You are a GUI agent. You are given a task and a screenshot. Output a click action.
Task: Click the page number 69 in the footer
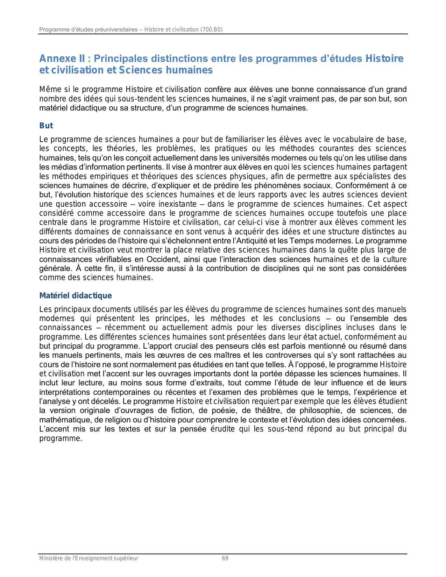click(225, 558)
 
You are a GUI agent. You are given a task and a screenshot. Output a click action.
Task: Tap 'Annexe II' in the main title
click(62, 59)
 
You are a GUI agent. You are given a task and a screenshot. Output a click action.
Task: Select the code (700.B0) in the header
click(211, 30)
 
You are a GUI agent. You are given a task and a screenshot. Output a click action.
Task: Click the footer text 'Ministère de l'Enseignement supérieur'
click(89, 558)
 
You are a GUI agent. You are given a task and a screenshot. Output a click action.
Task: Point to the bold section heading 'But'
click(46, 126)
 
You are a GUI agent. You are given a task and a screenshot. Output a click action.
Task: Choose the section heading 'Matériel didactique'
click(76, 296)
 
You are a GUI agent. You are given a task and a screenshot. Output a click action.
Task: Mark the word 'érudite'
click(222, 429)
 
